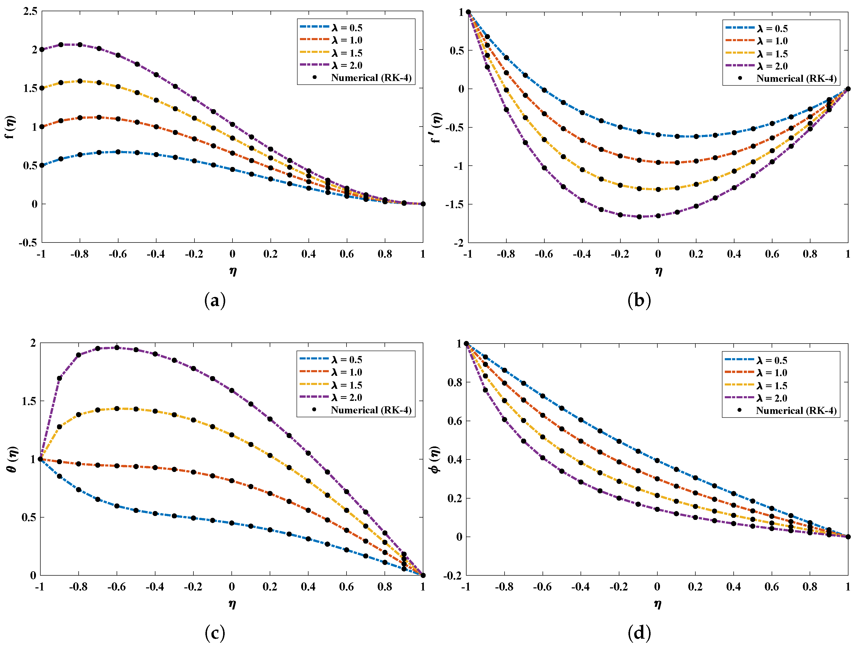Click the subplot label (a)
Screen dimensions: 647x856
215,301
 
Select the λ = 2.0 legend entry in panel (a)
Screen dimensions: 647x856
347,65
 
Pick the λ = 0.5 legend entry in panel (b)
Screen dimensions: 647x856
772,29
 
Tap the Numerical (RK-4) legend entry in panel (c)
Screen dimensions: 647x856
370,410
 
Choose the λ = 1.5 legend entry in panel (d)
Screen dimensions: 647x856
772,386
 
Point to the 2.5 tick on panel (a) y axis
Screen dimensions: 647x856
30,11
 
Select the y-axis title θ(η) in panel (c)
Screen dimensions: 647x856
12,459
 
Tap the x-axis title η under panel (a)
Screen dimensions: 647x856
232,271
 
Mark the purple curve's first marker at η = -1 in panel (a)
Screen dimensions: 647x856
42,49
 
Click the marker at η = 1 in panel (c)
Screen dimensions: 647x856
423,575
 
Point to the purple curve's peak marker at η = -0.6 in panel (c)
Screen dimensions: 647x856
117,348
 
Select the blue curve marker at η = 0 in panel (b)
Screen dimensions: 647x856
658,135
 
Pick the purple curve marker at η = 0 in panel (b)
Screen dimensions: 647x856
658,216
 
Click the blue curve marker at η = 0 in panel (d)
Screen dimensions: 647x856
657,460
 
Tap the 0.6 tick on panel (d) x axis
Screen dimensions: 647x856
772,587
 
